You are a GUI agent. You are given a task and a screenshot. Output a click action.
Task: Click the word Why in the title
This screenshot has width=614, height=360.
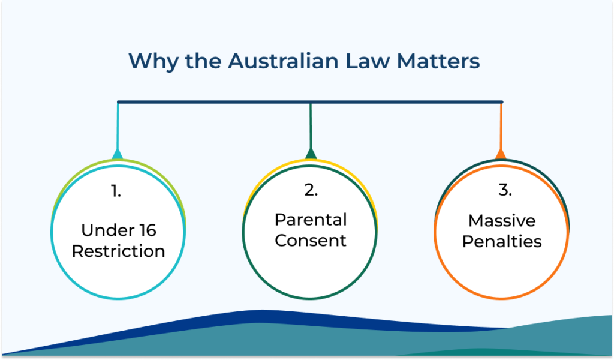coord(154,62)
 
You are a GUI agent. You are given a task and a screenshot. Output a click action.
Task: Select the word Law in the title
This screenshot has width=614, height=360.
coord(368,61)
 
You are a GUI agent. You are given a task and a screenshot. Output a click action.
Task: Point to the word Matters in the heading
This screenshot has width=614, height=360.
coord(438,62)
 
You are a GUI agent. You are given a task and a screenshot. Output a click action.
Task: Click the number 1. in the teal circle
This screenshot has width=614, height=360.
coord(116,191)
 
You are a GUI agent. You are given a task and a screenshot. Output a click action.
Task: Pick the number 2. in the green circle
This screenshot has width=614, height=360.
coord(311,190)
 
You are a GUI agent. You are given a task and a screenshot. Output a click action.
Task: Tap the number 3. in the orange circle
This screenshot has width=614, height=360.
coord(505,190)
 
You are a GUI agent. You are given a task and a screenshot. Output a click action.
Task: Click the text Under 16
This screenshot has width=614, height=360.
coord(119,230)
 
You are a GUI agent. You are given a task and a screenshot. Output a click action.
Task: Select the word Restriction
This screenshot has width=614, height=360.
coord(118,251)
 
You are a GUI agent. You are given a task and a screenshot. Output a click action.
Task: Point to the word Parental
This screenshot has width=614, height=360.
coord(311,220)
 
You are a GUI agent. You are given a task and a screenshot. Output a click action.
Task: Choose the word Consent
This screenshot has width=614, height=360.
coord(311,241)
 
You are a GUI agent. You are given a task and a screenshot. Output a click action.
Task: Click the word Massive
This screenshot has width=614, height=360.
coord(502,221)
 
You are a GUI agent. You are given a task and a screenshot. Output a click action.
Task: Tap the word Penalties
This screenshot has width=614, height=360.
coord(502,242)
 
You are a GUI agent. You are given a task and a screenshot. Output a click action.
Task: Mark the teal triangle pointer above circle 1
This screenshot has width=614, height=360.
coord(118,154)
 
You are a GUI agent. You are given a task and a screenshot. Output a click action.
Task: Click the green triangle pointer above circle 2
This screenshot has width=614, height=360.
coord(311,154)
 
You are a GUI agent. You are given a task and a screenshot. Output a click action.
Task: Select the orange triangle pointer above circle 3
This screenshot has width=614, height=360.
coord(501,154)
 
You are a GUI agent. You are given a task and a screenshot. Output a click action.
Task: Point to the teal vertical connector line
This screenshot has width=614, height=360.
coord(118,126)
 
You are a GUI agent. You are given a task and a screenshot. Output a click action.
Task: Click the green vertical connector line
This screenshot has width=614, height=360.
coord(311,126)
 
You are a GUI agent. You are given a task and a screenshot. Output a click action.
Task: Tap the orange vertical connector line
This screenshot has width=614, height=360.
coord(501,126)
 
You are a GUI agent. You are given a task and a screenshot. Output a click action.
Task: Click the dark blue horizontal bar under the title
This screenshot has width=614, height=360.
coord(310,102)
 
